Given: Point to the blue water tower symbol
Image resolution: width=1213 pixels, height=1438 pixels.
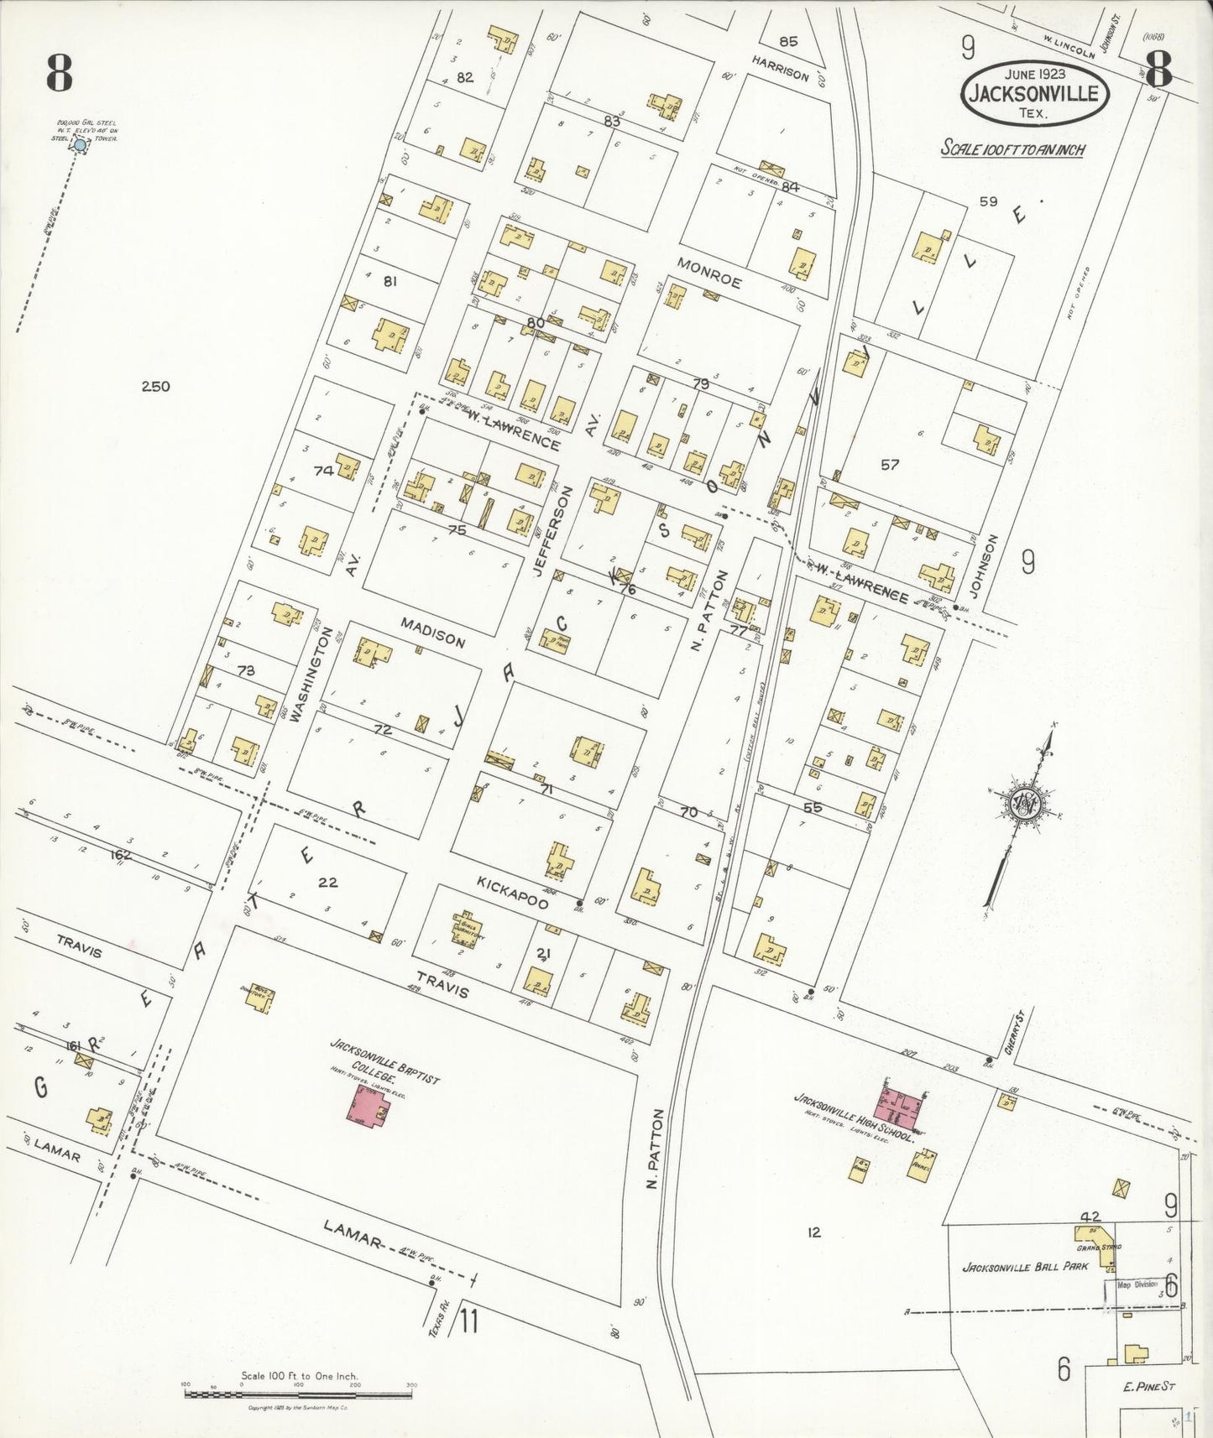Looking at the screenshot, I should pyautogui.click(x=80, y=145).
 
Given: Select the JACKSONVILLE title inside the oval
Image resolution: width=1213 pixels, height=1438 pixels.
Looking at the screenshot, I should pyautogui.click(x=1033, y=93).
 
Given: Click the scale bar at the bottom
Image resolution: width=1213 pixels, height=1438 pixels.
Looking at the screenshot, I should pyautogui.click(x=298, y=1394).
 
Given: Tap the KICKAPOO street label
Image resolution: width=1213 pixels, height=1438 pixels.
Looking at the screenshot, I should pyautogui.click(x=512, y=893).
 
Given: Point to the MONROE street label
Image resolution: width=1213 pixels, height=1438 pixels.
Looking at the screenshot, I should pyautogui.click(x=709, y=274).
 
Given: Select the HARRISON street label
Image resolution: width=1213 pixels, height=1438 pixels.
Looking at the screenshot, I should pyautogui.click(x=781, y=69).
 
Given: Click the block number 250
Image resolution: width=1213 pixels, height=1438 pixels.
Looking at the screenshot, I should pyautogui.click(x=155, y=387).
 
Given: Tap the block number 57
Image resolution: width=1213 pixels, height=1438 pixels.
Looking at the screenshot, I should pyautogui.click(x=890, y=464).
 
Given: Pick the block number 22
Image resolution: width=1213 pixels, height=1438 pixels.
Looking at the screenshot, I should pyautogui.click(x=328, y=882).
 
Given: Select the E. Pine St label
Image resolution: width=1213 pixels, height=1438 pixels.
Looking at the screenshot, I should pyautogui.click(x=1148, y=1387).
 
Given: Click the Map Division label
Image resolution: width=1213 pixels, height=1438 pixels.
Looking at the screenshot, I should pyautogui.click(x=1137, y=1284).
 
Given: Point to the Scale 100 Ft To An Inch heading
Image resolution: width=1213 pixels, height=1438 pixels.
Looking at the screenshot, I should pyautogui.click(x=1012, y=149).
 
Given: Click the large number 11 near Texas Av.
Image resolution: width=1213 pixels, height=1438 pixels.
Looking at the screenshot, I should pyautogui.click(x=468, y=1322).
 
